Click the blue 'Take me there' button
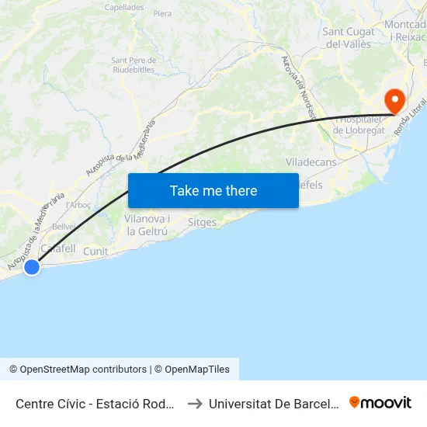point(213,190)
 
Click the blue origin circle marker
point(31,267)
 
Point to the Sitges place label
point(203,222)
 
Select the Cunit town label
point(95,252)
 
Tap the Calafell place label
point(57,248)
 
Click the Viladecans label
point(311,162)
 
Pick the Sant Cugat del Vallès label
point(347,38)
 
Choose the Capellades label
point(124,7)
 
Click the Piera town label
point(163,14)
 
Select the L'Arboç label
point(80,205)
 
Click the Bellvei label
point(64,226)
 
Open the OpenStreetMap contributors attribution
point(78,370)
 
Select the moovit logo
point(380,402)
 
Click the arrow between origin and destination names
point(196,403)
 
